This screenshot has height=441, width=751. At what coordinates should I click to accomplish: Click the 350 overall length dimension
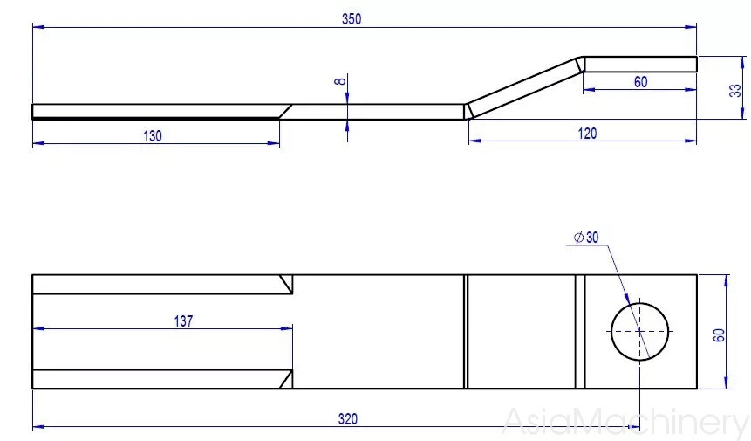click(x=352, y=19)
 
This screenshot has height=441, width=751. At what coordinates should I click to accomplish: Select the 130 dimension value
click(x=153, y=135)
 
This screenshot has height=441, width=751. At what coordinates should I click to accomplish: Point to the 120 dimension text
click(x=587, y=134)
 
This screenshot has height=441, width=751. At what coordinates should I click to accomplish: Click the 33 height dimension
click(x=734, y=89)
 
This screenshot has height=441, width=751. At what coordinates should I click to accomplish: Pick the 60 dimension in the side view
click(x=640, y=81)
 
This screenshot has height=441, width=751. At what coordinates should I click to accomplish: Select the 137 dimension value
click(x=182, y=321)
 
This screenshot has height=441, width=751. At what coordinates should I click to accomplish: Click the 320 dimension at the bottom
click(x=347, y=419)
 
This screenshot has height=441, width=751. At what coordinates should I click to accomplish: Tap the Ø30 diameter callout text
click(x=586, y=238)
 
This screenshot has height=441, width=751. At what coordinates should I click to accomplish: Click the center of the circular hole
click(x=639, y=332)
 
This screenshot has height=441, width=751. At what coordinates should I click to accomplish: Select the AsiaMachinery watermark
click(x=625, y=422)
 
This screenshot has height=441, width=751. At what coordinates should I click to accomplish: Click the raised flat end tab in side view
click(x=640, y=64)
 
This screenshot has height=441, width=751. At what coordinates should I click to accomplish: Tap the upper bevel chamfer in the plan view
click(x=285, y=284)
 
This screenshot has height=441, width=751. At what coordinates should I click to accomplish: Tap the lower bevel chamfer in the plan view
click(x=285, y=379)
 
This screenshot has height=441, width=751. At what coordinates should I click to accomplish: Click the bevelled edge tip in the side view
click(x=284, y=111)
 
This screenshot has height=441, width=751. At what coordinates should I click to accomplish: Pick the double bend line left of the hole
click(x=579, y=332)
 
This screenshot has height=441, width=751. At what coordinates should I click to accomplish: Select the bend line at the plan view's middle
click(x=466, y=332)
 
